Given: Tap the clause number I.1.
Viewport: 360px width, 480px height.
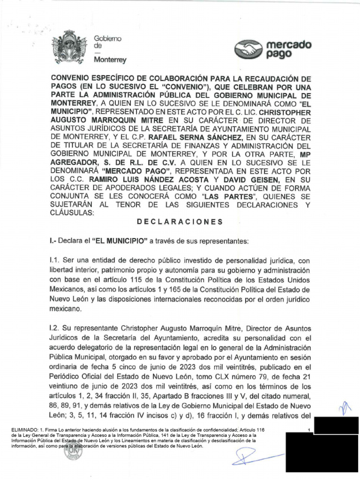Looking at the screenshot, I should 55,260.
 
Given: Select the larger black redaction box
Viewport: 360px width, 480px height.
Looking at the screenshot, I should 322,452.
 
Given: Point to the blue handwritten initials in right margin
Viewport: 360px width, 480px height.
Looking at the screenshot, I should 337,409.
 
